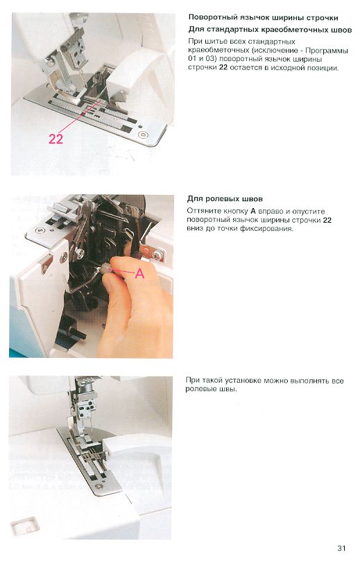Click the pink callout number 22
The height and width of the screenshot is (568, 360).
(55, 139)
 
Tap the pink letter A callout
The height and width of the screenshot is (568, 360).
(139, 273)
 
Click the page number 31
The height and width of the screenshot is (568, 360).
(341, 548)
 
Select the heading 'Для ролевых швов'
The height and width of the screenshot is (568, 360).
(225, 199)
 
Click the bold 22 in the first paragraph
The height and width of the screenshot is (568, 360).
(223, 68)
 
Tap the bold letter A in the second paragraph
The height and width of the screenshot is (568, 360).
(253, 212)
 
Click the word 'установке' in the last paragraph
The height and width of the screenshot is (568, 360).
(243, 381)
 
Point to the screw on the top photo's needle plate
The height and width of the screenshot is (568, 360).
(144, 135)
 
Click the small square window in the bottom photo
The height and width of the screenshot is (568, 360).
(25, 526)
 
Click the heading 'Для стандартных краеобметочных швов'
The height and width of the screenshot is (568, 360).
(270, 30)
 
